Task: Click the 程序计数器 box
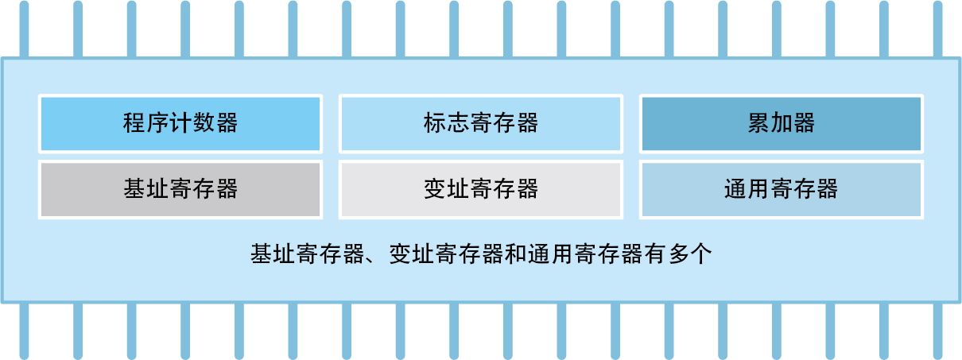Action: coord(180,123)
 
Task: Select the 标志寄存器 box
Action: coord(480,123)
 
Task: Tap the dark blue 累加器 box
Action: coord(781,123)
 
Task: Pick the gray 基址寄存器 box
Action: coord(180,189)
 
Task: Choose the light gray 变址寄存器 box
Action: coord(480,189)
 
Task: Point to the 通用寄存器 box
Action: coord(781,189)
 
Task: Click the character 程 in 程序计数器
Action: coord(134,123)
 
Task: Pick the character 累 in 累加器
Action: coord(758,123)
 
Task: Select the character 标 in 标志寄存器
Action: coord(434,123)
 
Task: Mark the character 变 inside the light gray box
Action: coord(434,189)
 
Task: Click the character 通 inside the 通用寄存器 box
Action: coord(735,189)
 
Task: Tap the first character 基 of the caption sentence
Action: coord(261,254)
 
